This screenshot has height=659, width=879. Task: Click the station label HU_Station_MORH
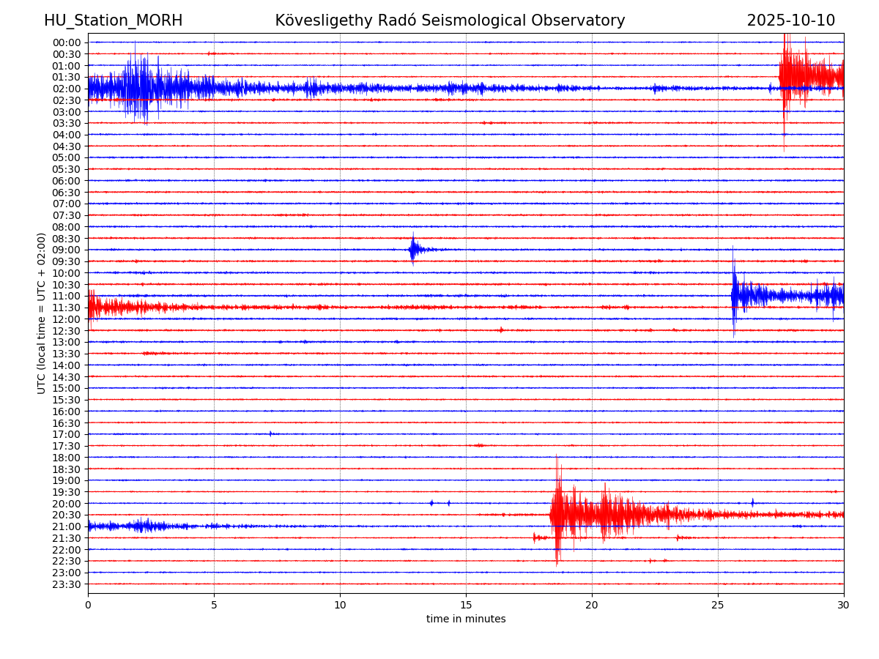pyautogui.click(x=113, y=21)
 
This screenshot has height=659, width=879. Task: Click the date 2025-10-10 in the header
pyautogui.click(x=790, y=21)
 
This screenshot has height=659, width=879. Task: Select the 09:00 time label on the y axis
pyautogui.click(x=67, y=250)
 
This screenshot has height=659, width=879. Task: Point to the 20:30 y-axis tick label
pyautogui.click(x=67, y=515)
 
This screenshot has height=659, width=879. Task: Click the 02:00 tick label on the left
pyautogui.click(x=67, y=89)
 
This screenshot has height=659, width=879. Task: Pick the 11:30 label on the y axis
pyautogui.click(x=67, y=308)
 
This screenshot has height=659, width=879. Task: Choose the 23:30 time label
pyautogui.click(x=67, y=584)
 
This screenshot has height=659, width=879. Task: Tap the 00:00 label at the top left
pyautogui.click(x=67, y=42)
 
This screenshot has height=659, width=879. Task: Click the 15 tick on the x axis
pyautogui.click(x=466, y=605)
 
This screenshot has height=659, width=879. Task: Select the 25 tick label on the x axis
pyautogui.click(x=718, y=605)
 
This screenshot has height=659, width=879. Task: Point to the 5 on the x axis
pyautogui.click(x=214, y=605)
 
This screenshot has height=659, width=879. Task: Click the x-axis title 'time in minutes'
pyautogui.click(x=466, y=619)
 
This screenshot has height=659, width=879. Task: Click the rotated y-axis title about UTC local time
pyautogui.click(x=42, y=313)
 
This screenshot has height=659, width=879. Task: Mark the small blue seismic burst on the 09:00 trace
pyautogui.click(x=413, y=250)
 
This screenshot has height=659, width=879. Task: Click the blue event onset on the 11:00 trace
pyautogui.click(x=733, y=295)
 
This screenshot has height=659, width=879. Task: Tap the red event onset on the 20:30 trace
pyautogui.click(x=552, y=514)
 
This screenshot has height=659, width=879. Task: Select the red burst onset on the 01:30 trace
pyautogui.click(x=781, y=76)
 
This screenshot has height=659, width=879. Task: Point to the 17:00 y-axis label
pyautogui.click(x=67, y=434)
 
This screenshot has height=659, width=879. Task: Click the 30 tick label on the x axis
pyautogui.click(x=844, y=605)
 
